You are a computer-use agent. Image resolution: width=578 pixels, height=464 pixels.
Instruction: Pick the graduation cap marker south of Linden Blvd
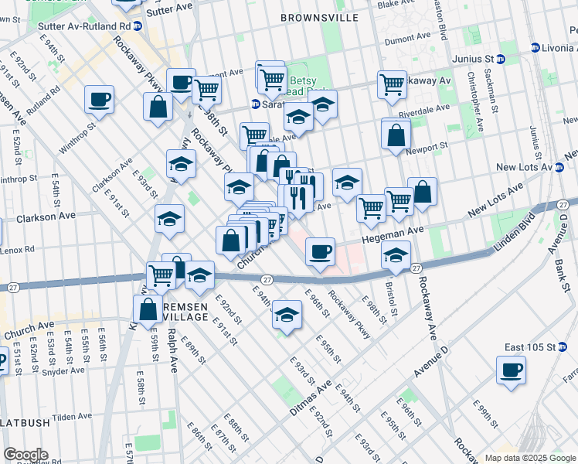[x=287, y=314]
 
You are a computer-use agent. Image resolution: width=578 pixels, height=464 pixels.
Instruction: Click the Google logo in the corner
[x=25, y=455]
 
